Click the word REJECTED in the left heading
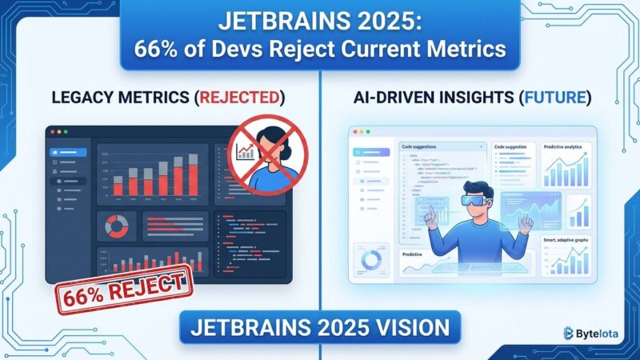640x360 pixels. pyautogui.click(x=241, y=98)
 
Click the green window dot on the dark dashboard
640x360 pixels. pyautogui.click(x=68, y=130)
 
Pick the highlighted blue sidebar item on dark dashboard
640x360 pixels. pyautogui.click(x=67, y=152)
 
